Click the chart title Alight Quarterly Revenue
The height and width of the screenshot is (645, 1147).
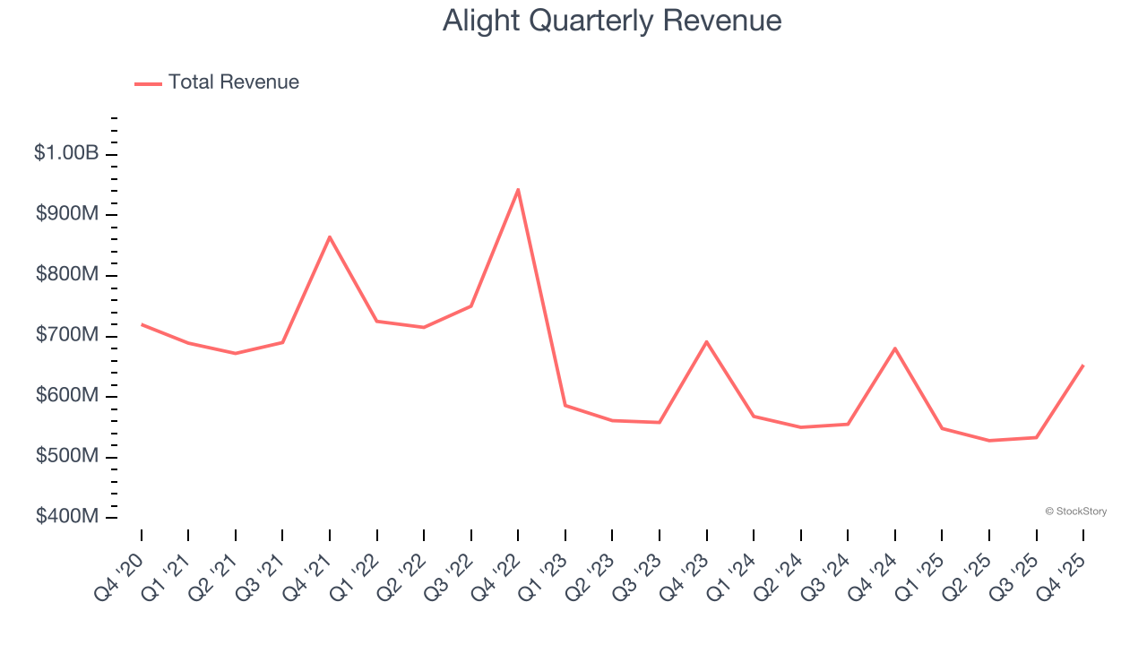pos(612,21)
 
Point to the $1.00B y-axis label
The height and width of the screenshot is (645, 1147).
pos(66,154)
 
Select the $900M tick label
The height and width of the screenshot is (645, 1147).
pos(67,214)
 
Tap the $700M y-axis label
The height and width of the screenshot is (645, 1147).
pos(67,336)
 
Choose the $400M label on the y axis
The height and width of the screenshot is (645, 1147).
pos(67,518)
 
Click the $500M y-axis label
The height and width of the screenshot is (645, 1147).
pos(67,457)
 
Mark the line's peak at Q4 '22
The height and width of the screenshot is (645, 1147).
pos(518,189)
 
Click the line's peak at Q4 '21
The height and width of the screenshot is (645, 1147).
pos(330,236)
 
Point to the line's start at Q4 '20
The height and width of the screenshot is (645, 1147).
pos(142,324)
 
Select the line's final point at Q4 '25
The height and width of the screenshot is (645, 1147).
pos(1083,365)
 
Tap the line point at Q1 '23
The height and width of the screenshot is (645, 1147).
pos(565,406)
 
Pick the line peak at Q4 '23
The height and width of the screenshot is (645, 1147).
pos(707,341)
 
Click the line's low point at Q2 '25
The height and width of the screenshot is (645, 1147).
pos(989,441)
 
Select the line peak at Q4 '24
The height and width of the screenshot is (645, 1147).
pos(895,348)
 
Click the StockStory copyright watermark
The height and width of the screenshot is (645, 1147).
pos(1075,512)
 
